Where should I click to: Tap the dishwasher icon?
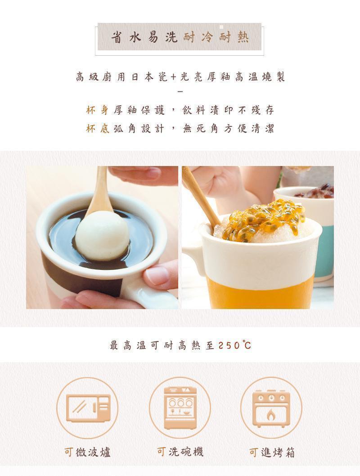180,408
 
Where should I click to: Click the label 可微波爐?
87,452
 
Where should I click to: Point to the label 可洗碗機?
180,452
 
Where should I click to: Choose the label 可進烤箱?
272,452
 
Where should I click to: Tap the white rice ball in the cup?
102,235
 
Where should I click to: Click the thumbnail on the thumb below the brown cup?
156,275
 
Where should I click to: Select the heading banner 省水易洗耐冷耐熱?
180,37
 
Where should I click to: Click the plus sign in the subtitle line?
173,77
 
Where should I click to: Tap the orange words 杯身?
98,110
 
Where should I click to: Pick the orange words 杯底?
98,129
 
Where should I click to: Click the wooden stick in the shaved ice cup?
201,195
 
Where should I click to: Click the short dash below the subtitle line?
180,91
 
